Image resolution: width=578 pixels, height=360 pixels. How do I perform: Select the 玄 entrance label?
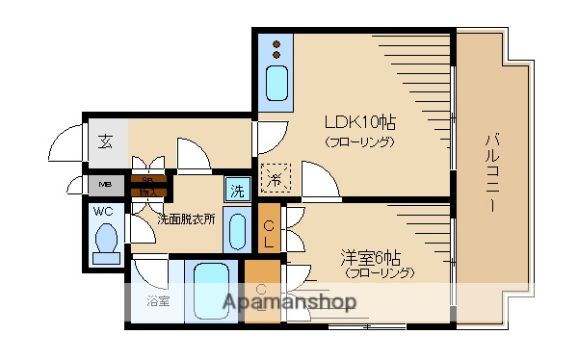pos(104,142)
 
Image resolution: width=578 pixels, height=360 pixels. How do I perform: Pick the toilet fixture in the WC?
pos(105,241)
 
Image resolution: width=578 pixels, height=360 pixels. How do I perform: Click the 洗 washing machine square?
pos(237,190)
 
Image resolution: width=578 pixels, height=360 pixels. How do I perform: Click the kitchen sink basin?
pos(276,82)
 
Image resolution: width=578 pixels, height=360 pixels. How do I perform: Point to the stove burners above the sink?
pos(276,47)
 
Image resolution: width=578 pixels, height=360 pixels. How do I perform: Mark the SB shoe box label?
pos(148,181)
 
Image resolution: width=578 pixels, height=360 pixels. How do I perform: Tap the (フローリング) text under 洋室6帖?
pos(380,272)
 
